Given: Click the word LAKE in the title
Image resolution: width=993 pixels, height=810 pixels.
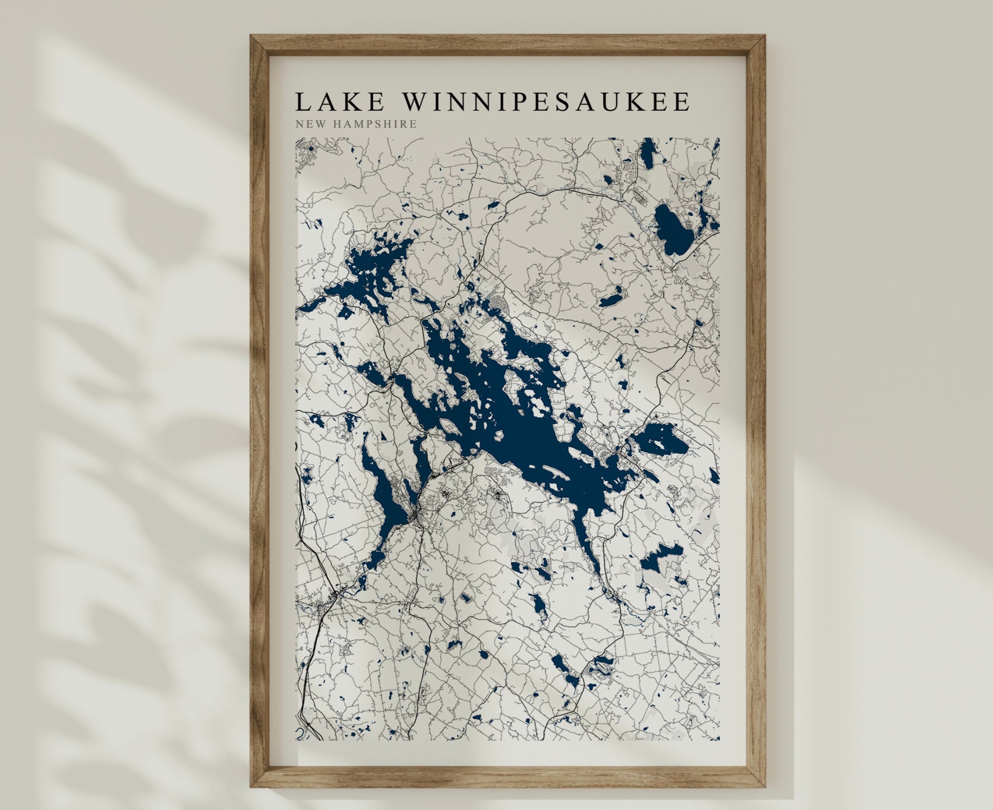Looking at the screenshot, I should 340,102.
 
